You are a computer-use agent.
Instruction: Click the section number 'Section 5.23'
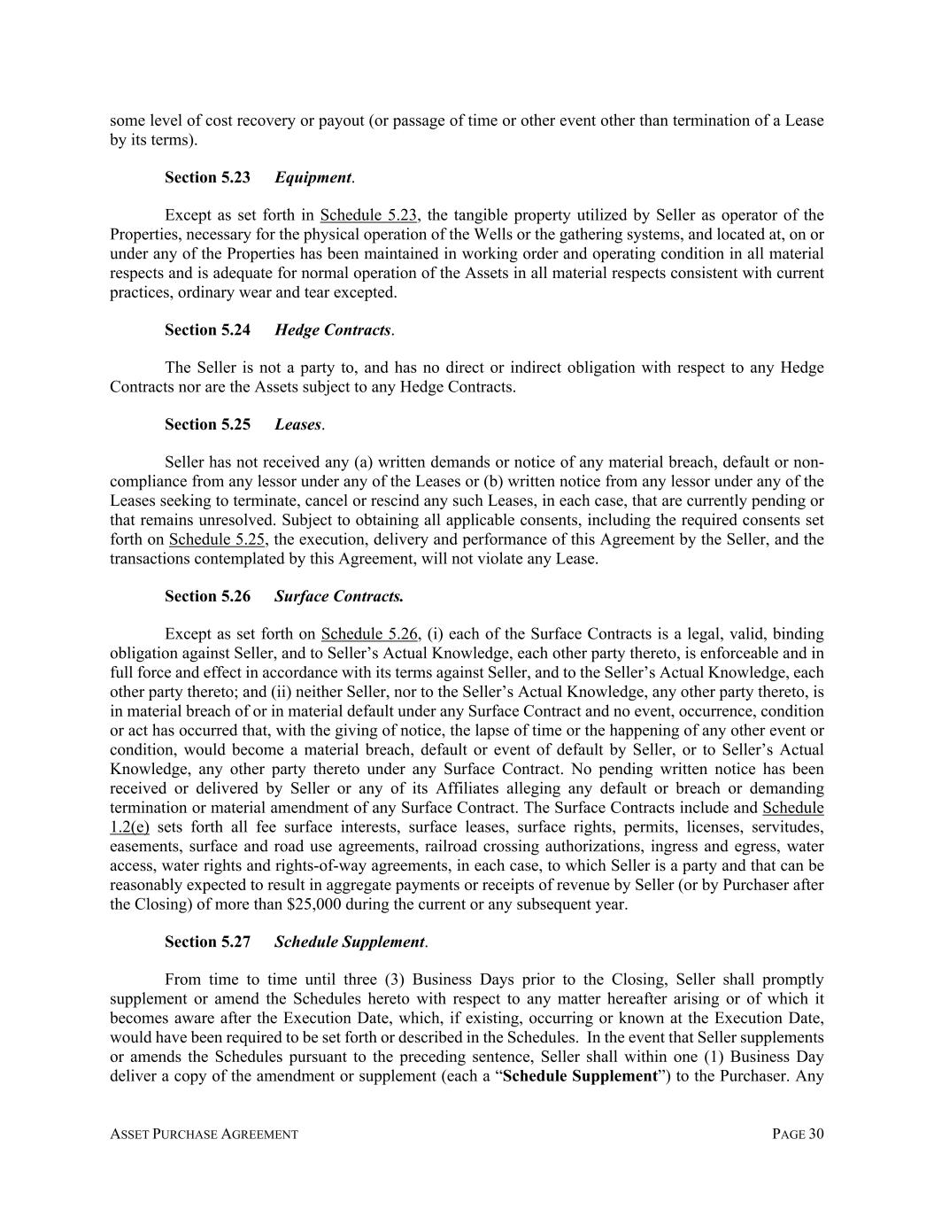[x=207, y=177]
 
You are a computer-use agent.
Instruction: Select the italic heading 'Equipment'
[x=313, y=177]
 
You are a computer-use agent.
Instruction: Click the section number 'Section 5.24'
[x=207, y=329]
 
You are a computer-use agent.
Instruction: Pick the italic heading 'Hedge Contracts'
[x=333, y=329]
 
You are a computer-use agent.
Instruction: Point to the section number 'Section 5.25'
[x=207, y=424]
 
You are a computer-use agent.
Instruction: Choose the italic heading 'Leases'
[x=297, y=424]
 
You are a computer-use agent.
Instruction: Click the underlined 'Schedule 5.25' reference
[x=218, y=539]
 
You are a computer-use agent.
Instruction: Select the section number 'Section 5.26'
[x=207, y=596]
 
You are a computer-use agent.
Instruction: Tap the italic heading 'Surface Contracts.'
[x=339, y=596]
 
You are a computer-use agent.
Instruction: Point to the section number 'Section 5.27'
[x=207, y=942]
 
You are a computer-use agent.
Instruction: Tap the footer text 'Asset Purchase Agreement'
[x=204, y=1135]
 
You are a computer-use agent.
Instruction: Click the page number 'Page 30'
[x=798, y=1135]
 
